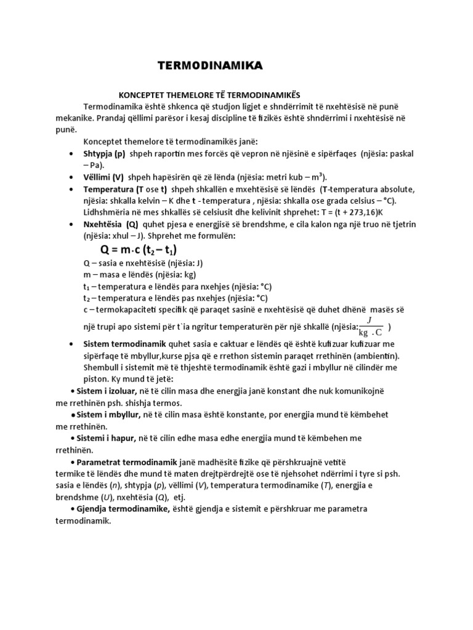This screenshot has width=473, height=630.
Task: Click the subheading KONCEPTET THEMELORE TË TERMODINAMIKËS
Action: pos(208,95)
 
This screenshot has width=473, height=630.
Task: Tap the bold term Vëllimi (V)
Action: pos(104,177)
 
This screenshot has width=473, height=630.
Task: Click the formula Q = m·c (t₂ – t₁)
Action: pos(138,250)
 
